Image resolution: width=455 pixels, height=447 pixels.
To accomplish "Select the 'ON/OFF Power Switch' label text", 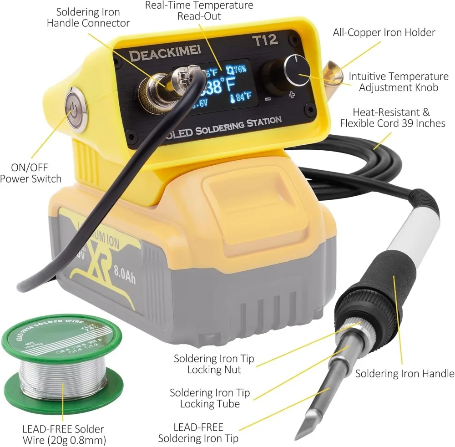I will pyautogui.click(x=30, y=173).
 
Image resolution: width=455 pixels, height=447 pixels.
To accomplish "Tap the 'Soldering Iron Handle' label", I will pyautogui.click(x=404, y=374).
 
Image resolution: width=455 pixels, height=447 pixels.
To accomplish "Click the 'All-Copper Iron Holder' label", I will pyautogui.click(x=384, y=33).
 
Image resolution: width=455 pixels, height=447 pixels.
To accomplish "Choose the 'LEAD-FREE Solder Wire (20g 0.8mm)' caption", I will pyautogui.click(x=63, y=434).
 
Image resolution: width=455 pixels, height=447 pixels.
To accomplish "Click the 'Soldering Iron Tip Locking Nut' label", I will pyautogui.click(x=213, y=364).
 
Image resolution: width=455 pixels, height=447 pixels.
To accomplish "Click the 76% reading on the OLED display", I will pyautogui.click(x=239, y=69).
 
